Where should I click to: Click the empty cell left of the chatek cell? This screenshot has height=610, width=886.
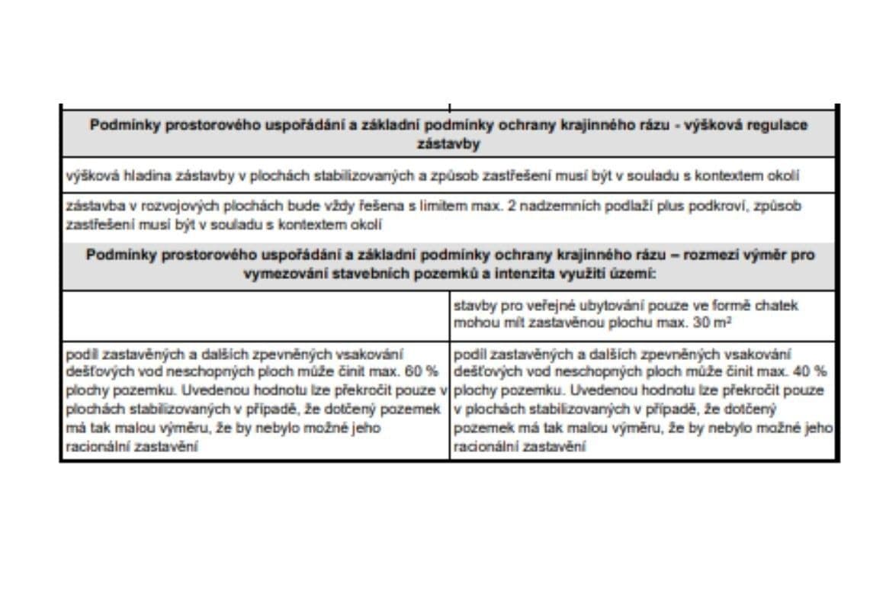pyautogui.click(x=255, y=315)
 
